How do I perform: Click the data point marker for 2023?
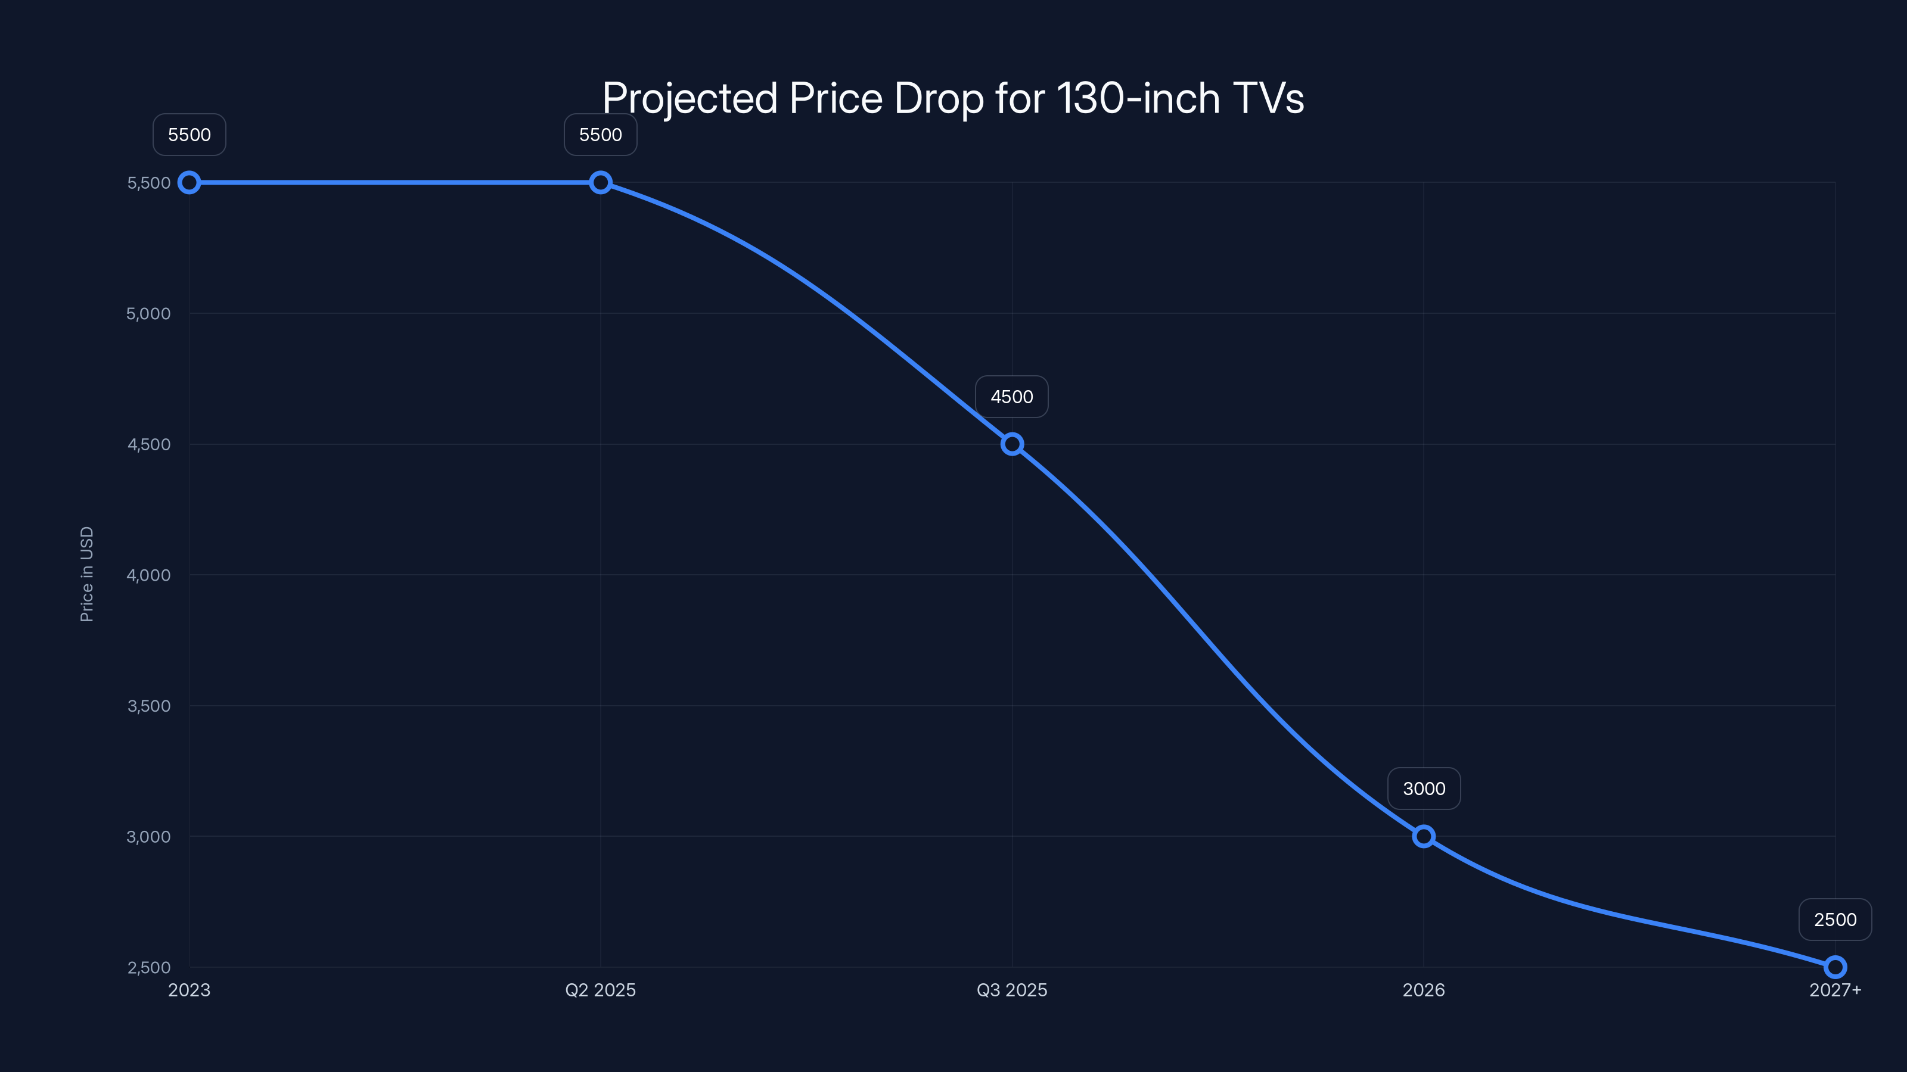tap(190, 183)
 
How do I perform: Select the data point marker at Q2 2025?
tap(600, 183)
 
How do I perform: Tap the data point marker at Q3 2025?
tap(1012, 444)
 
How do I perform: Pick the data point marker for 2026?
tap(1423, 837)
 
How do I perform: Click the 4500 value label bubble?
tap(1011, 397)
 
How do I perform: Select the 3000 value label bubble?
tap(1424, 789)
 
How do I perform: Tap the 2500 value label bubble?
tap(1834, 920)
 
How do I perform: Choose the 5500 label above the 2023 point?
tap(190, 135)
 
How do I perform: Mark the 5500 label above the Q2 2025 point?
tap(600, 135)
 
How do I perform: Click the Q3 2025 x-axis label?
tap(1011, 990)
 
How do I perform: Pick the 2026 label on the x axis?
tap(1423, 990)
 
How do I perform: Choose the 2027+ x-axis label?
tap(1834, 990)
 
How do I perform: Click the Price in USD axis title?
tap(86, 574)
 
